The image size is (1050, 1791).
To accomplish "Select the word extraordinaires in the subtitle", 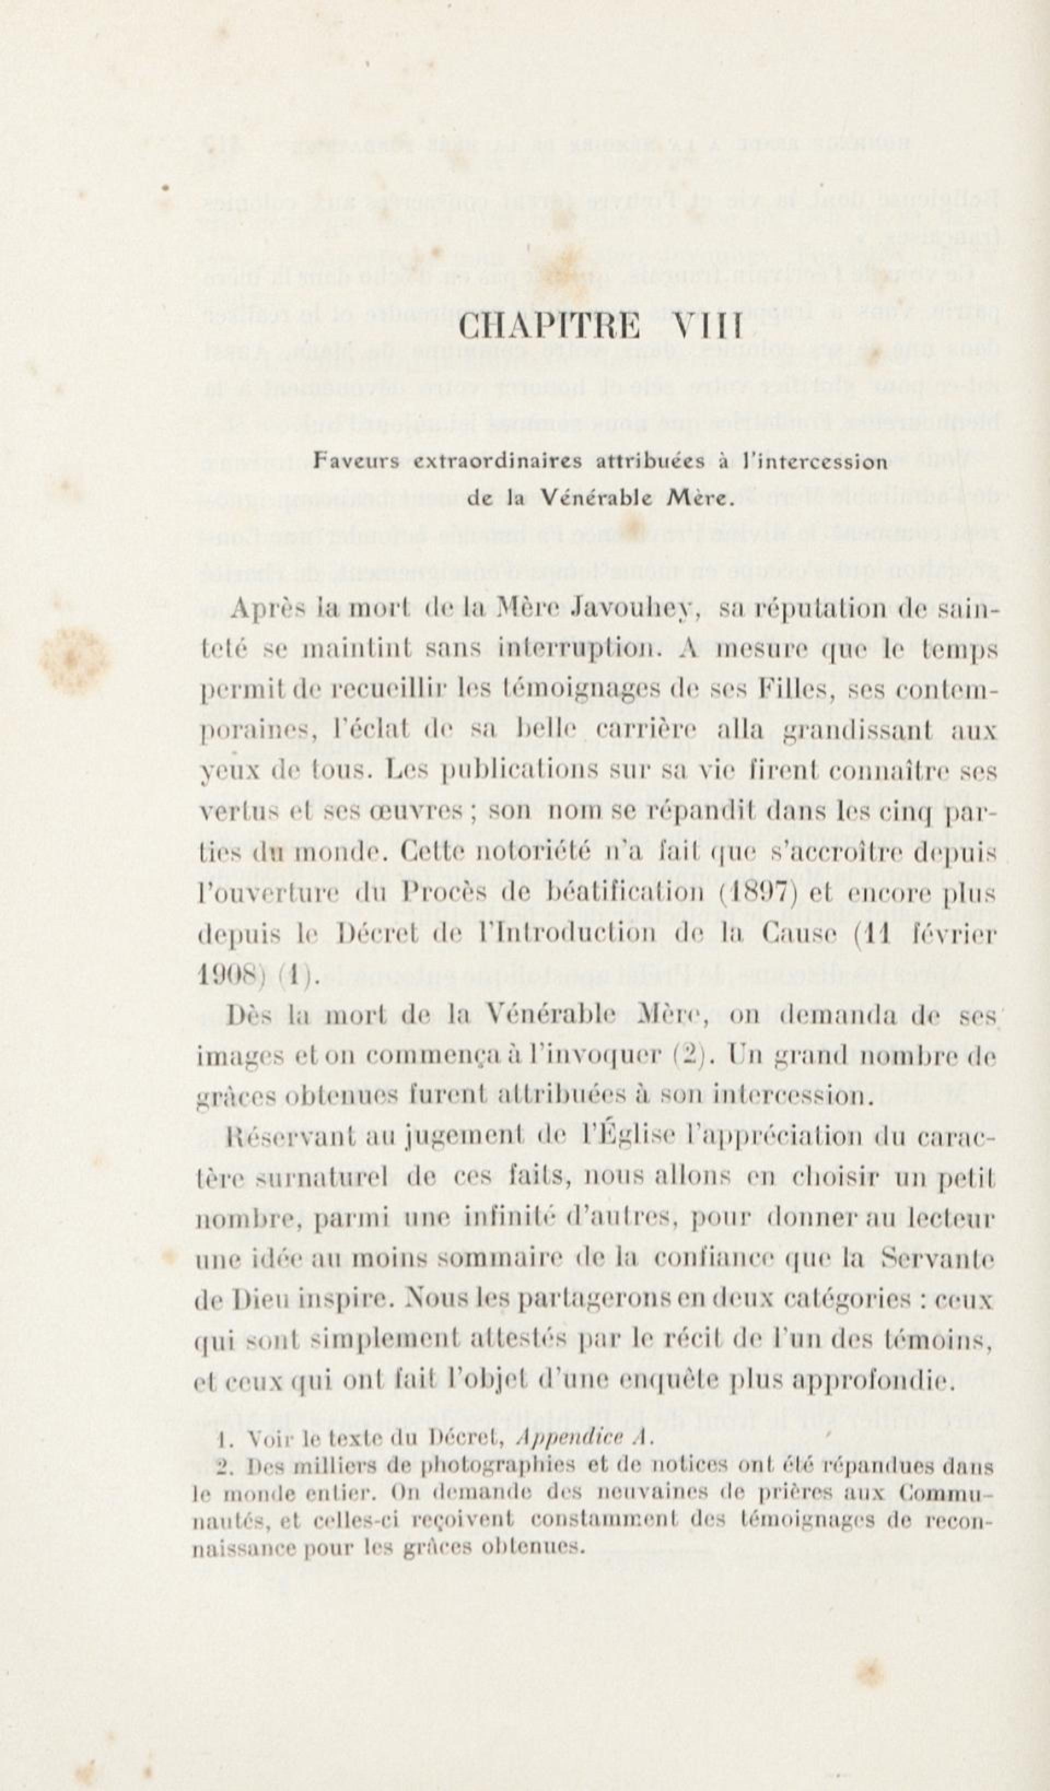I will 498,462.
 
